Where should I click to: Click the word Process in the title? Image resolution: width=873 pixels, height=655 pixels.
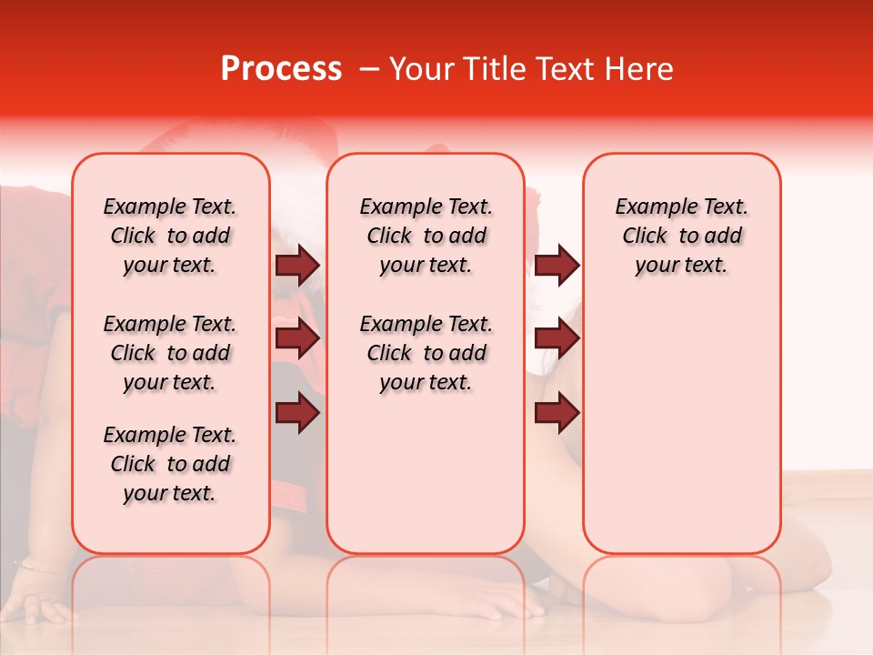click(281, 69)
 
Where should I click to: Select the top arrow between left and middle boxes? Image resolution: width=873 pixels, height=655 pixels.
click(297, 265)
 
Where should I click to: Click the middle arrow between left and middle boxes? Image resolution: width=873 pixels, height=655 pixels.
click(297, 338)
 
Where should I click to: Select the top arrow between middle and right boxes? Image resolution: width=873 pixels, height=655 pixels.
click(556, 265)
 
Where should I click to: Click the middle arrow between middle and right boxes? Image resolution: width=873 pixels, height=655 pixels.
click(556, 338)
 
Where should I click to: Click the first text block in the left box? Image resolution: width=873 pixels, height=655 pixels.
click(170, 236)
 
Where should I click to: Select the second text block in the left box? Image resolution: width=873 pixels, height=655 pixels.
click(170, 353)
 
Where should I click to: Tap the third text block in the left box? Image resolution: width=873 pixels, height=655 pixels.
click(170, 464)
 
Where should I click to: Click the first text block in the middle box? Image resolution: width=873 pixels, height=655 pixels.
click(426, 236)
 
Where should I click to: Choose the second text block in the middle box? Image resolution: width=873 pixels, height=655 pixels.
click(426, 353)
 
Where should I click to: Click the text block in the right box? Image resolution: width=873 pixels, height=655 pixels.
click(681, 236)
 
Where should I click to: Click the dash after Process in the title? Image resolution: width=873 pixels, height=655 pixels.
click(368, 69)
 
